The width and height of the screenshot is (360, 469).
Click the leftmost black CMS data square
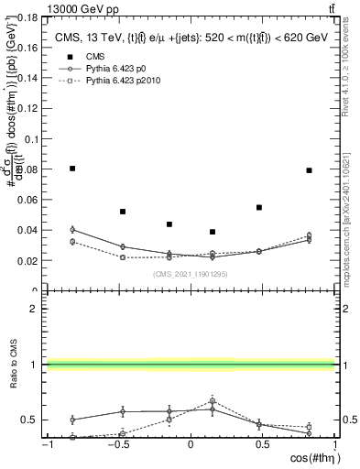[72, 169]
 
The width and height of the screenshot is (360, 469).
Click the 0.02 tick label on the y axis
[29, 260]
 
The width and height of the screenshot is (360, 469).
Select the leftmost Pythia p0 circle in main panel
[72, 230]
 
